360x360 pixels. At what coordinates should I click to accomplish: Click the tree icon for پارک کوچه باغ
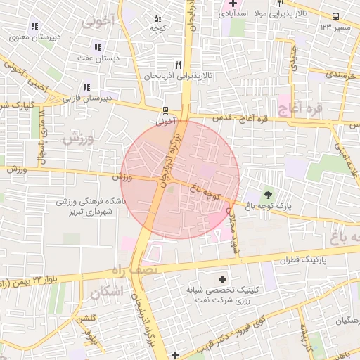(x=266, y=195)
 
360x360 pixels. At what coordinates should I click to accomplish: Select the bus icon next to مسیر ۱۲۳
(x=336, y=17)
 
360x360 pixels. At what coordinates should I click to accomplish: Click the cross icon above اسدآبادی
(x=233, y=4)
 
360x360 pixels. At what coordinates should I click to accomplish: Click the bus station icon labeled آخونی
(x=166, y=110)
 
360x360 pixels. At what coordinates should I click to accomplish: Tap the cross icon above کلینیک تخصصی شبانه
(x=224, y=280)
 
